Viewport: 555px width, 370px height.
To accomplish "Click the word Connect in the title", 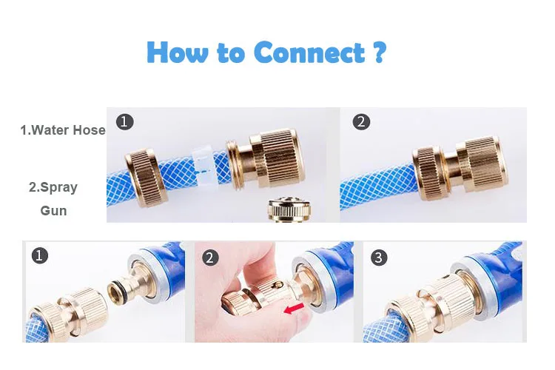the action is (x=309, y=53).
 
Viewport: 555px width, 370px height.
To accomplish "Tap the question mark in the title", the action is (x=380, y=52).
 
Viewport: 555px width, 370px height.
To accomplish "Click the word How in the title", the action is (x=178, y=52).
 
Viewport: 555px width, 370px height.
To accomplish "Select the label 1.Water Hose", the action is (x=63, y=130).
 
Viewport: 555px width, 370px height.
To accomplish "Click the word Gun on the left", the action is (x=53, y=211).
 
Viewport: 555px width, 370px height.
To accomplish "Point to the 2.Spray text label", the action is (x=53, y=187).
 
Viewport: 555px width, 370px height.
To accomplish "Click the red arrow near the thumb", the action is (x=294, y=308).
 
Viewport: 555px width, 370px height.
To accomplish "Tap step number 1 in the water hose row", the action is (x=124, y=122).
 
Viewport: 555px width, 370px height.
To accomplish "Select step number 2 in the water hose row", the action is (x=361, y=122).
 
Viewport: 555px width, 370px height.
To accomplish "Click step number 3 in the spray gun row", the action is (x=379, y=258).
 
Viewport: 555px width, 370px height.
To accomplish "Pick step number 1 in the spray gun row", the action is (x=40, y=255).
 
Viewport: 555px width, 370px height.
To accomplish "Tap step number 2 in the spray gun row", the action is (x=210, y=258).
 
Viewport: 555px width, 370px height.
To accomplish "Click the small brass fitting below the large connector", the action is (x=290, y=210).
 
